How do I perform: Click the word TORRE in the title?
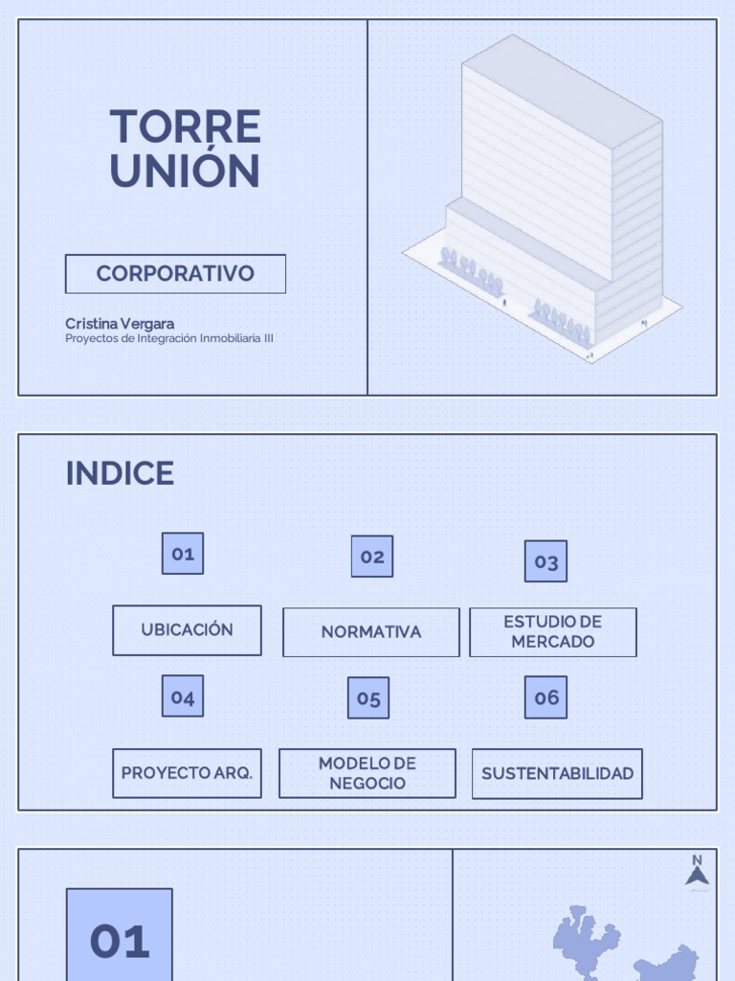(185, 127)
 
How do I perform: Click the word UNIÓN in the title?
(185, 171)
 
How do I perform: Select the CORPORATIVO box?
(175, 273)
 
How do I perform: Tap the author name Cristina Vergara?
(120, 324)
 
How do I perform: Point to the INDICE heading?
(120, 473)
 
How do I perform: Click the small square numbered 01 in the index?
(183, 554)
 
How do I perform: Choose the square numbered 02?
(371, 557)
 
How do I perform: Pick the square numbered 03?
(546, 561)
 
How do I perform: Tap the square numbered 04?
(183, 696)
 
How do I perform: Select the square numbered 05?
(368, 698)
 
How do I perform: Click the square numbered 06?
(546, 697)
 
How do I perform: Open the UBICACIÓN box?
(187, 630)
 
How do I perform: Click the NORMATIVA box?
(370, 632)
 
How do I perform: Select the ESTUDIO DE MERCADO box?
(552, 632)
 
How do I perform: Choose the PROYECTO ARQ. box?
(187, 773)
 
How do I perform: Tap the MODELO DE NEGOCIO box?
(367, 773)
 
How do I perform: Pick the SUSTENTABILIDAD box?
(557, 773)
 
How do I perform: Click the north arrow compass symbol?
(697, 872)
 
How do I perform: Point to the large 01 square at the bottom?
(120, 939)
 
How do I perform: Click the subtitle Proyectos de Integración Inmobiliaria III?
(169, 338)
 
